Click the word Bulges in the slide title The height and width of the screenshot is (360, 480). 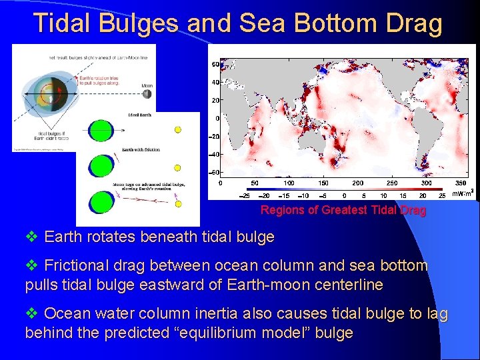point(139,23)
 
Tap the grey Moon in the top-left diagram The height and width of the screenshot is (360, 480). point(147,94)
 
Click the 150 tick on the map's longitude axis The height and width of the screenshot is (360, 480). point(323,183)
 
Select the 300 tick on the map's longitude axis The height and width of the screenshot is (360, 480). point(426,183)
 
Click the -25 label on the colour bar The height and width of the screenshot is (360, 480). point(245,195)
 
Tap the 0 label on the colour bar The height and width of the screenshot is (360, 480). point(344,195)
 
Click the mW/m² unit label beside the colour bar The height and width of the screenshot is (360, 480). point(462,194)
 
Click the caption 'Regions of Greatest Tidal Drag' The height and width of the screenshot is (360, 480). point(343,210)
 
